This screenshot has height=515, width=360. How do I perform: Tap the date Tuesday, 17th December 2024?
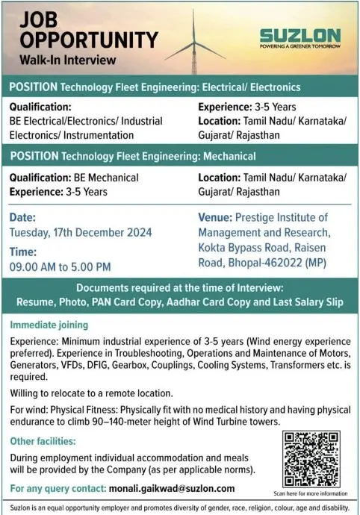[80, 232]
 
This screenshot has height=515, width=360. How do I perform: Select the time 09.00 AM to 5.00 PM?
[60, 266]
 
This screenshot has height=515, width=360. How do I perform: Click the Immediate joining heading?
[49, 325]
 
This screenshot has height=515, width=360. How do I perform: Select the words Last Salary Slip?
[302, 303]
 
